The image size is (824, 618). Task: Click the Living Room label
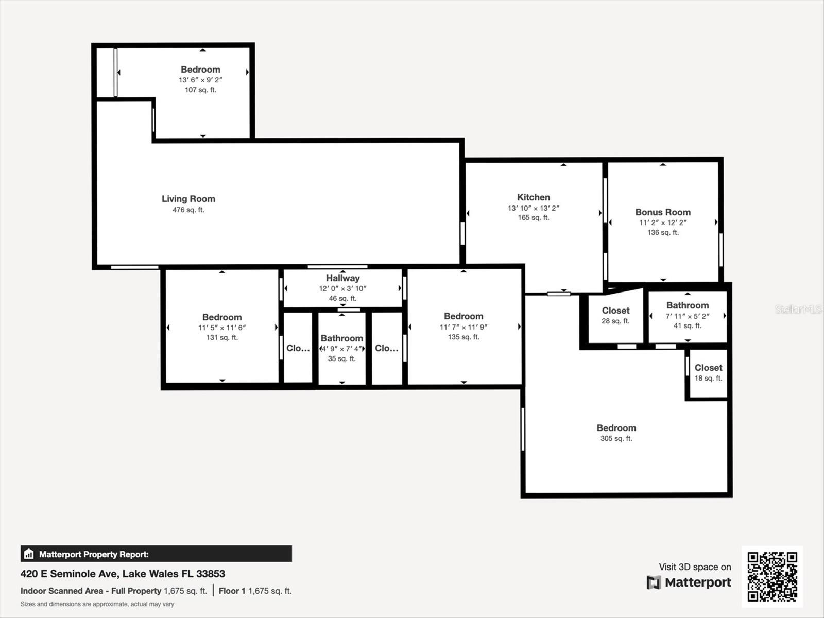[188, 199]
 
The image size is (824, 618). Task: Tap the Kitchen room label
[533, 197]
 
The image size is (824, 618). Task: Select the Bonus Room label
[662, 212]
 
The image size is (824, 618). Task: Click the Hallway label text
[342, 278]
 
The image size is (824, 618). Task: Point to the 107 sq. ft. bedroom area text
[200, 90]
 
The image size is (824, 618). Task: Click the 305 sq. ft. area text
[616, 439]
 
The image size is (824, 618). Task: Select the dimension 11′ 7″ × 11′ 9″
[463, 327]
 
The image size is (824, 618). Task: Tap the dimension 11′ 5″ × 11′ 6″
[222, 328]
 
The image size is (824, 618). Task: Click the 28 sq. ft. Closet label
[615, 311]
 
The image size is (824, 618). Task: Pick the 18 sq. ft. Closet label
[708, 368]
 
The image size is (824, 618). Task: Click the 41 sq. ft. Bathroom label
[687, 305]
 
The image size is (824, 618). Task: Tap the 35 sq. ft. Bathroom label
[341, 338]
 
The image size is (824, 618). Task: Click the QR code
[772, 576]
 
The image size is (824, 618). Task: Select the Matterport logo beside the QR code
[689, 582]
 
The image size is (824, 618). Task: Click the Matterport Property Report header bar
[156, 554]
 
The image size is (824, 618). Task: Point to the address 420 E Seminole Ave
[123, 574]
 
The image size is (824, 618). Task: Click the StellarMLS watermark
[798, 309]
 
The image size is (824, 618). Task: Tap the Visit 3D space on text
[694, 567]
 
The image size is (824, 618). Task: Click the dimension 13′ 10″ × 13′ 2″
[533, 208]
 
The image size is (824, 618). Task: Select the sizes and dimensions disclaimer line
[97, 604]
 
